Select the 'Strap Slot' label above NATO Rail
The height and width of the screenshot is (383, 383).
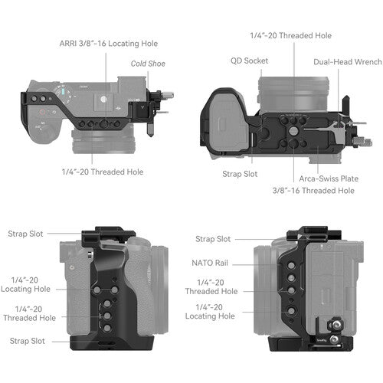pos(213,240)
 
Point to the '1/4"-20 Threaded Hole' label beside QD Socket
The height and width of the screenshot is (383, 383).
pos(290,35)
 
